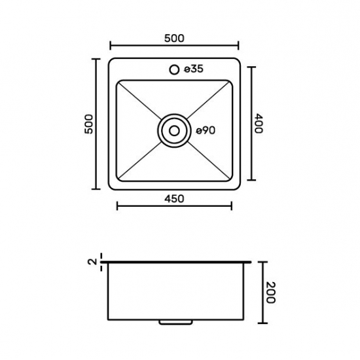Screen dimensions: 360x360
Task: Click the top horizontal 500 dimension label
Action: tap(174, 39)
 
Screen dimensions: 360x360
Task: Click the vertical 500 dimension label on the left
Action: tap(89, 124)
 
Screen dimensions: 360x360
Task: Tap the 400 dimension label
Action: tap(259, 123)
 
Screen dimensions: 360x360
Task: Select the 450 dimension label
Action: tap(174, 199)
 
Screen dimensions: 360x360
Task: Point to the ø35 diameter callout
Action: tap(194, 69)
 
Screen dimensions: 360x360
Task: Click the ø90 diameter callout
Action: tap(206, 131)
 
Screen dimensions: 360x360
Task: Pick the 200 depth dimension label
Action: tap(270, 293)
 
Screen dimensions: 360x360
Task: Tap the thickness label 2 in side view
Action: tap(92, 262)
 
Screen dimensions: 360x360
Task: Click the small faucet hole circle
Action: tap(174, 69)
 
